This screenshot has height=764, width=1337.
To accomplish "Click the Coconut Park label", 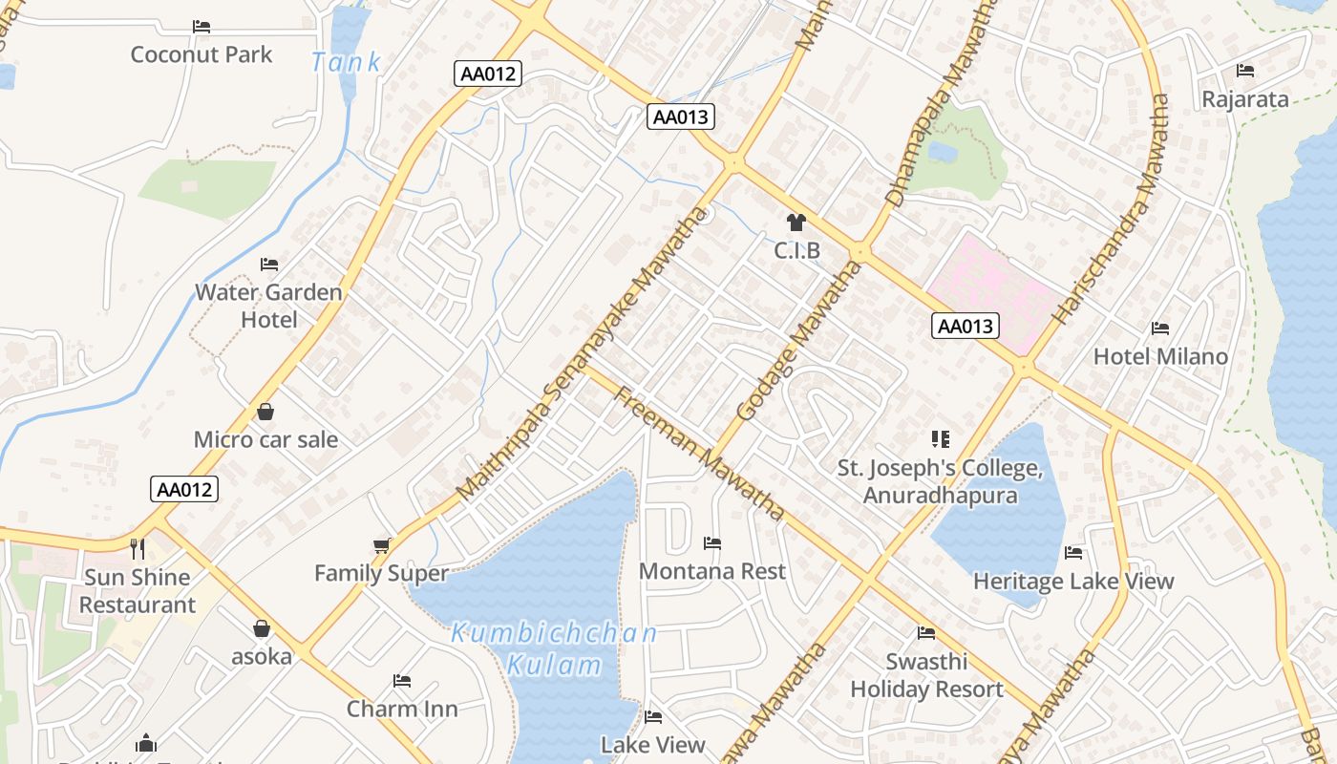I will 202,54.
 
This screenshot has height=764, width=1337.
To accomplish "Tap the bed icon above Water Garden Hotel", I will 269,265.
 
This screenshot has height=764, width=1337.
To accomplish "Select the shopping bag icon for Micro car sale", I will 265,412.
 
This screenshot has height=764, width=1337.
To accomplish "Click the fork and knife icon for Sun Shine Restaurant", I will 138,548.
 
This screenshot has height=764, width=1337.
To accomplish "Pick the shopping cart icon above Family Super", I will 382,545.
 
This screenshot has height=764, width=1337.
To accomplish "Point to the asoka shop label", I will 262,657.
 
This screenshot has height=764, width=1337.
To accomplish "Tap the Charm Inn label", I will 402,709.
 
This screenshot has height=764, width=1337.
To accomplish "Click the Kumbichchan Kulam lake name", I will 554,648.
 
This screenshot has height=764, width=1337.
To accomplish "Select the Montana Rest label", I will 712,571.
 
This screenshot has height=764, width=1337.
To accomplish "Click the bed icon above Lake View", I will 653,716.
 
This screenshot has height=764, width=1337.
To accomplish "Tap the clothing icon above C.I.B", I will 796,223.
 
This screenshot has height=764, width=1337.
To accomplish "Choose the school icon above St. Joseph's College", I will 941,439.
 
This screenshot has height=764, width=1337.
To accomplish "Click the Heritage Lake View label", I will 1073,581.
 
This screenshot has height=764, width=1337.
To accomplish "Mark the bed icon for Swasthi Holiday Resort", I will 926,633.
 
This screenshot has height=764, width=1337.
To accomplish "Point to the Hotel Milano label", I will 1160,356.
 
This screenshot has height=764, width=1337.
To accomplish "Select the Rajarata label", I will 1245,99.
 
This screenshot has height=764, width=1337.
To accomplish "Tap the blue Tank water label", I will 346,63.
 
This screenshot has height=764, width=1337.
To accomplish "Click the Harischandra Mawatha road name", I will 1111,208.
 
